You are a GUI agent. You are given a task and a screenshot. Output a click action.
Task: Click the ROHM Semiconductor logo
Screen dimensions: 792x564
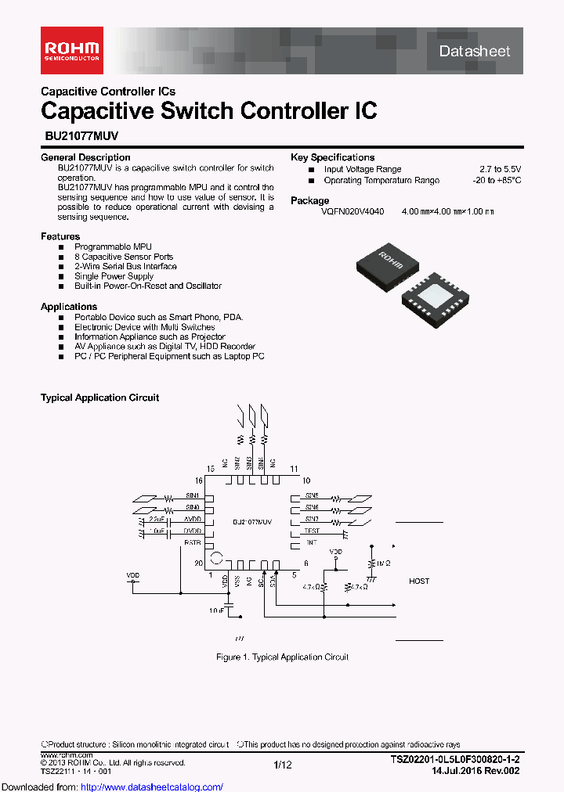pos(71,50)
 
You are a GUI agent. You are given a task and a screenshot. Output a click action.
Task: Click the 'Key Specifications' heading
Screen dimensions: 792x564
pos(332,157)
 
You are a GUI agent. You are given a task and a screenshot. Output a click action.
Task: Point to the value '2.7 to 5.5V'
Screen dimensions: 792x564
pos(500,169)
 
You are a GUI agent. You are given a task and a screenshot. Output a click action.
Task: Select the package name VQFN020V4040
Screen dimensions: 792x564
pos(352,211)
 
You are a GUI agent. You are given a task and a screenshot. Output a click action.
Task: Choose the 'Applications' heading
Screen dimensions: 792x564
pos(69,307)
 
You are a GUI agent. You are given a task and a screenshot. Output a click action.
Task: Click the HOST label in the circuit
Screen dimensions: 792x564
pos(419,581)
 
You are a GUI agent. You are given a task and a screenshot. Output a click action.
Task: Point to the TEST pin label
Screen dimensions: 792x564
pos(312,531)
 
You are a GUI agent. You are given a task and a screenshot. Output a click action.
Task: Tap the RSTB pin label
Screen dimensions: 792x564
pos(193,542)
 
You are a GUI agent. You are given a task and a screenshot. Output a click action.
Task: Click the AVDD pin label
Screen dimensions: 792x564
pos(193,519)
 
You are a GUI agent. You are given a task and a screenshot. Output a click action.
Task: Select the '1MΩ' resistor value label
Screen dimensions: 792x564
pos(383,563)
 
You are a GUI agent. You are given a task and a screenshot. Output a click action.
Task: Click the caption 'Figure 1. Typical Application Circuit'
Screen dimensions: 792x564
pos(282,657)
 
